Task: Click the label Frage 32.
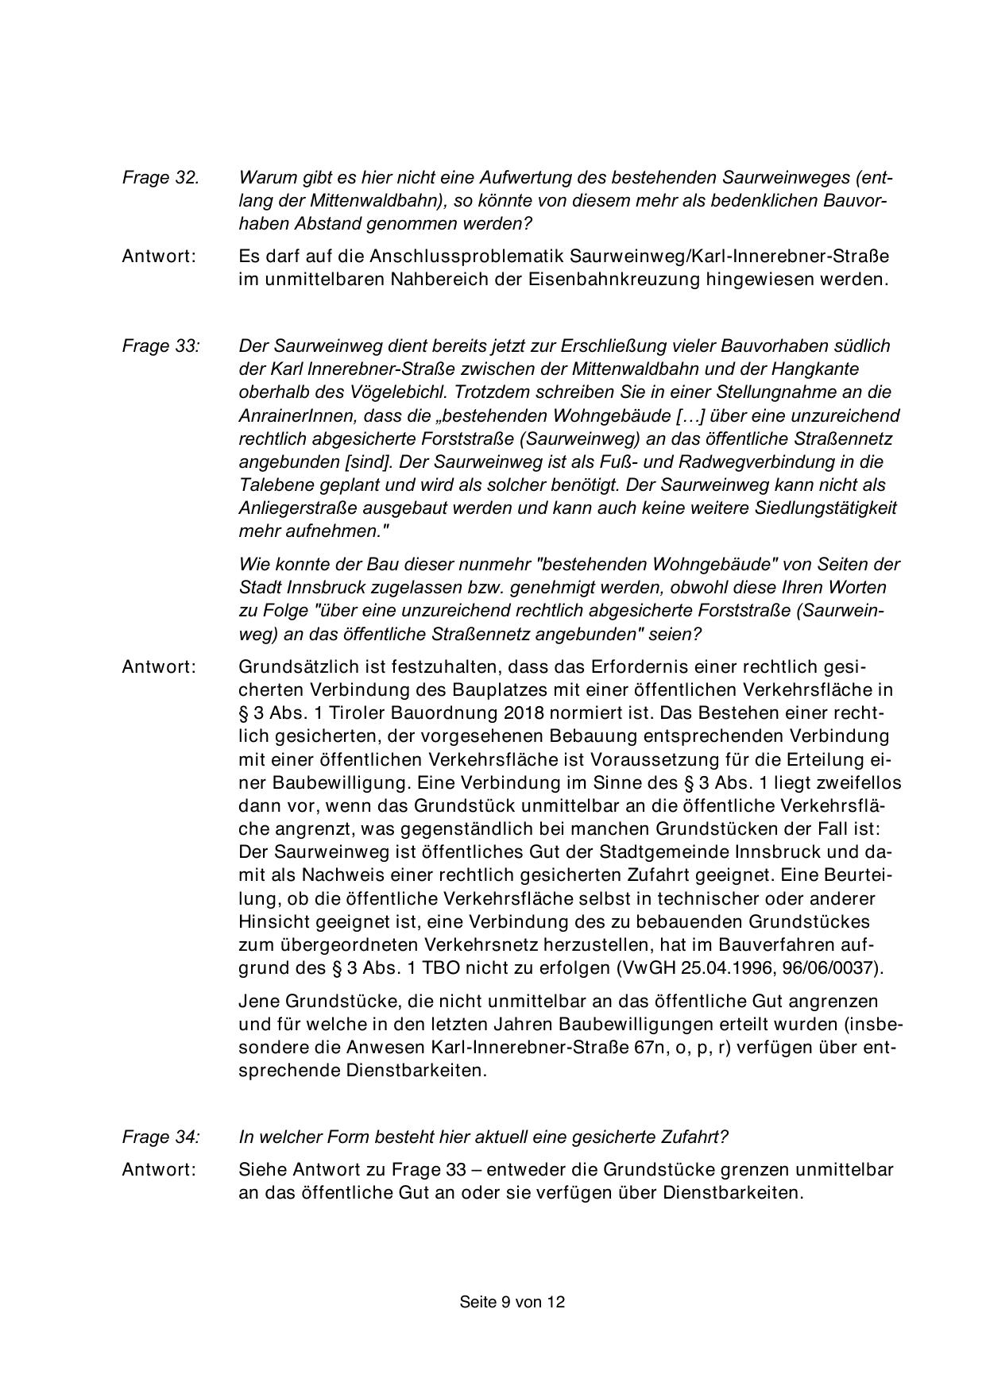pos(160,178)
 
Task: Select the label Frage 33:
pos(161,346)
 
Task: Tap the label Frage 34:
pos(161,1137)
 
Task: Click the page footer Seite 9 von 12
pos(512,1302)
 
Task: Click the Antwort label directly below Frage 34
pos(159,1170)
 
